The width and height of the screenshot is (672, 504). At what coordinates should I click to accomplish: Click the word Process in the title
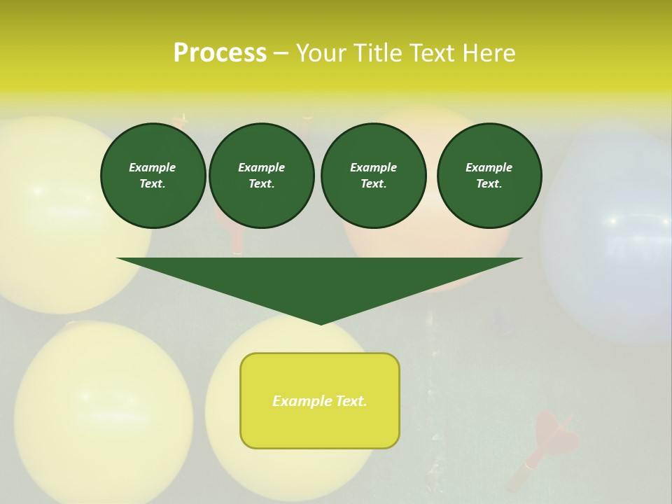(220, 52)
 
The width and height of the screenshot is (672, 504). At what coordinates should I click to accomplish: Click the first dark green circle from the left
(153, 176)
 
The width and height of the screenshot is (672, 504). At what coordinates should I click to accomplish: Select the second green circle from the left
(261, 176)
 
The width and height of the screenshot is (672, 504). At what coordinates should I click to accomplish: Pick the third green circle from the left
(373, 176)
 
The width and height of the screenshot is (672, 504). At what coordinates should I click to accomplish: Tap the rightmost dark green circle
(489, 176)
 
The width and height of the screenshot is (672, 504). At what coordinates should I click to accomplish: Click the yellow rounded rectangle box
(320, 400)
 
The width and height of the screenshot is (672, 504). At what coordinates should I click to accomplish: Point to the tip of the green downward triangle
(321, 323)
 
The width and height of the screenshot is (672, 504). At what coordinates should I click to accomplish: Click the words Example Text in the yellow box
(320, 401)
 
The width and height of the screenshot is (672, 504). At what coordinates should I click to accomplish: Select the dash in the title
(281, 53)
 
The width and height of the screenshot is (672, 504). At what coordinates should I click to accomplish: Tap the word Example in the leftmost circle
(153, 167)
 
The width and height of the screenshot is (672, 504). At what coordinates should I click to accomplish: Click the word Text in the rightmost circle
(489, 183)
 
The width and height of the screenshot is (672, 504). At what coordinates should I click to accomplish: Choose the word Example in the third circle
(373, 167)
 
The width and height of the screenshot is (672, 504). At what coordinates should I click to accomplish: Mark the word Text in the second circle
(260, 183)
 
